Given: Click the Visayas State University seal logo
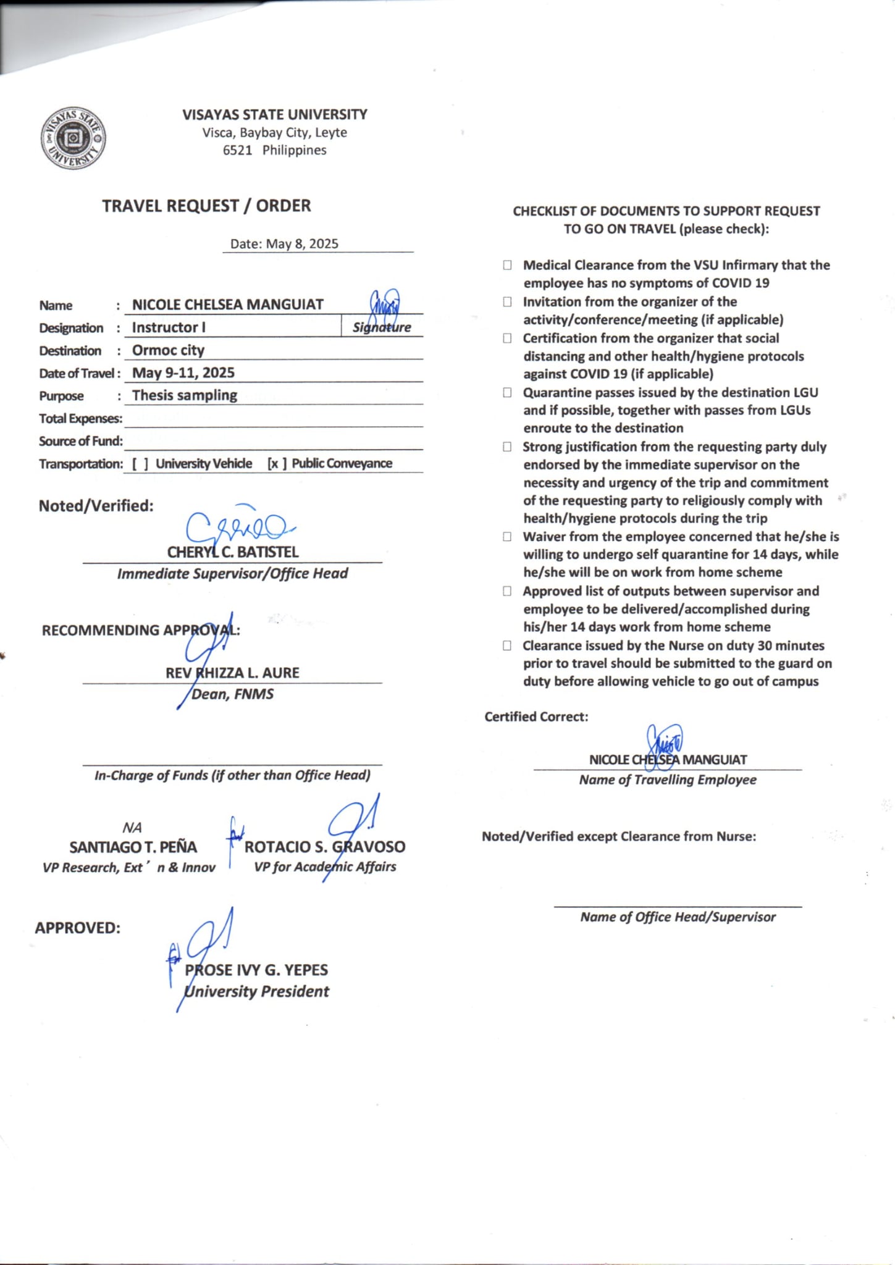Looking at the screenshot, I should pos(73,138).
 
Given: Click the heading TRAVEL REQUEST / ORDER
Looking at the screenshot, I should pos(206,206).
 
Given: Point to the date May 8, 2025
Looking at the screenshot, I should pos(302,244).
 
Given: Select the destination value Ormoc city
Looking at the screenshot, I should pos(168,350).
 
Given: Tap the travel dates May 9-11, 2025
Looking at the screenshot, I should pos(183,372).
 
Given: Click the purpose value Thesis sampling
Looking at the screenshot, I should pos(185,395).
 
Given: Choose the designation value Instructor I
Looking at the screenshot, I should pos(169,327).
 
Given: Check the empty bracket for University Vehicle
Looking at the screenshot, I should pos(140,464).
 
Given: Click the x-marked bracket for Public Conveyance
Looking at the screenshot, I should pos(276,464).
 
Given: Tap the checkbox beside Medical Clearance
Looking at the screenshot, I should pos(507,266).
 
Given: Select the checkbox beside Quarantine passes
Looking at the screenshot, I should pos(507,393).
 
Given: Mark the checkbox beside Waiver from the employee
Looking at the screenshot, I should pos(507,537).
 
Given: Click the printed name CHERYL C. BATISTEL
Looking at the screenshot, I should pos(233,552).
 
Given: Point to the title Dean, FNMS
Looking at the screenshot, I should pos(233,694).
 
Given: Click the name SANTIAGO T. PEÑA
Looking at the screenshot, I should pos(133,847).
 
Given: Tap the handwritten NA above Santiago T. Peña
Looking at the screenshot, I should pos(132,828).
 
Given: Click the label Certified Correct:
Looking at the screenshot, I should pos(536,717).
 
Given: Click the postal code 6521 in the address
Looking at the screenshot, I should pos(237,150).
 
